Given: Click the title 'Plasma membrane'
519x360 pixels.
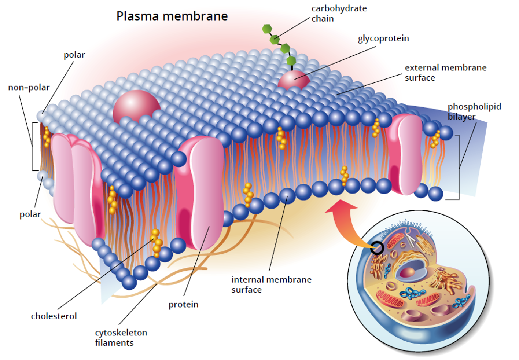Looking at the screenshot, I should [172, 16].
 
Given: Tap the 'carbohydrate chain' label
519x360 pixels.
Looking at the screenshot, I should [339, 14].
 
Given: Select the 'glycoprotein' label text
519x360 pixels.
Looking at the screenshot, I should [383, 38].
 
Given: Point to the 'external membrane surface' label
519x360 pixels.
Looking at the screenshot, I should [445, 73].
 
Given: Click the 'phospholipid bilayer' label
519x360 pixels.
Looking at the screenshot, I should [474, 111].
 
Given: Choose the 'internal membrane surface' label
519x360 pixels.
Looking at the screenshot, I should [271, 284].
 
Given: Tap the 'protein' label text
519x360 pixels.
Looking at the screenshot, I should [183, 305].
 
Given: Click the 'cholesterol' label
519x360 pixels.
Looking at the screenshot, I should [54, 316].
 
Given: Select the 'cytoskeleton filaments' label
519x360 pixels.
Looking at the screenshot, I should [121, 338].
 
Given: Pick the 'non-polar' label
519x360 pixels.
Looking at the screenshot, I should [29, 88].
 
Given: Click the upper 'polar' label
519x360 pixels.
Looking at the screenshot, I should [74, 55].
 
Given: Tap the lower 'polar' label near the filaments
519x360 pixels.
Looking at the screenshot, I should [30, 214].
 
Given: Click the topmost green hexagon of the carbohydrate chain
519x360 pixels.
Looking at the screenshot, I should [267, 29].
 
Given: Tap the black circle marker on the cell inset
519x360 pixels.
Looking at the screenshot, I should [377, 248].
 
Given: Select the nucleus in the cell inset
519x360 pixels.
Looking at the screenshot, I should [408, 272].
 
